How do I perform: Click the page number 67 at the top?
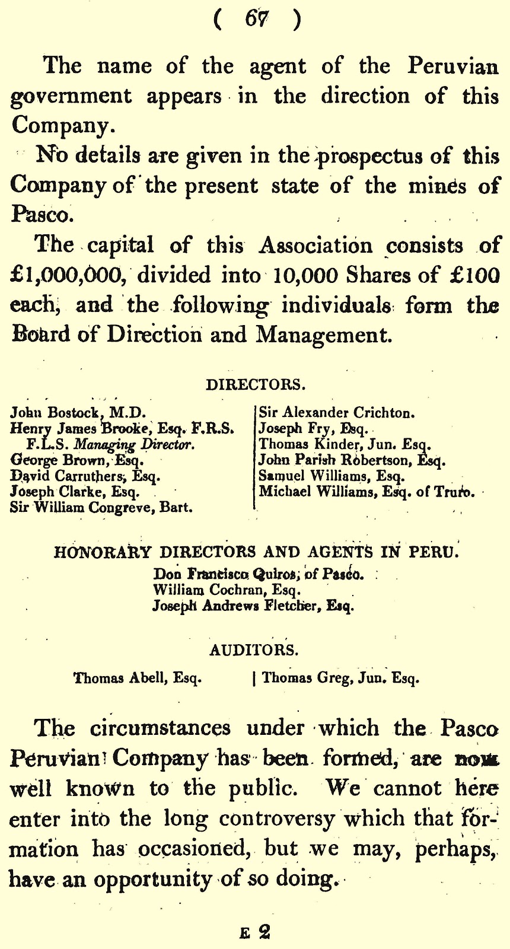256,19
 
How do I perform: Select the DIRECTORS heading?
256,384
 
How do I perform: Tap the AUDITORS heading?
254,649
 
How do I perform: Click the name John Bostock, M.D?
78,412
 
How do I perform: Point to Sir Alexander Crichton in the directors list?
337,412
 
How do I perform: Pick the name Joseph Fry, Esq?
314,428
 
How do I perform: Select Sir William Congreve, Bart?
101,507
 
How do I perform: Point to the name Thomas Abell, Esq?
138,677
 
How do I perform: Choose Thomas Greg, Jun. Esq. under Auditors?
340,677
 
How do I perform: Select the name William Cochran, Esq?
227,590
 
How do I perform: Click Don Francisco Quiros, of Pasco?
258,574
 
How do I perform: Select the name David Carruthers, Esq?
85,476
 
